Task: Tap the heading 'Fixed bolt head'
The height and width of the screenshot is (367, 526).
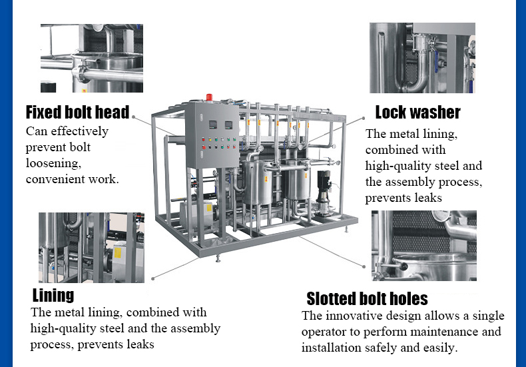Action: click(x=77, y=112)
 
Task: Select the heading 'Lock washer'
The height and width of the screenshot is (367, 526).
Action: click(x=417, y=112)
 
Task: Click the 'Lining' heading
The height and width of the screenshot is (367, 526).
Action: click(x=53, y=294)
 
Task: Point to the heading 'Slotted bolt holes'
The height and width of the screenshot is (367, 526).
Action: click(x=367, y=298)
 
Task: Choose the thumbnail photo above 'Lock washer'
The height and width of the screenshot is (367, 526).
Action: click(x=422, y=58)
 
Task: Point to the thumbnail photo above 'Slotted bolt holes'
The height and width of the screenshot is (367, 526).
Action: click(x=423, y=246)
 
